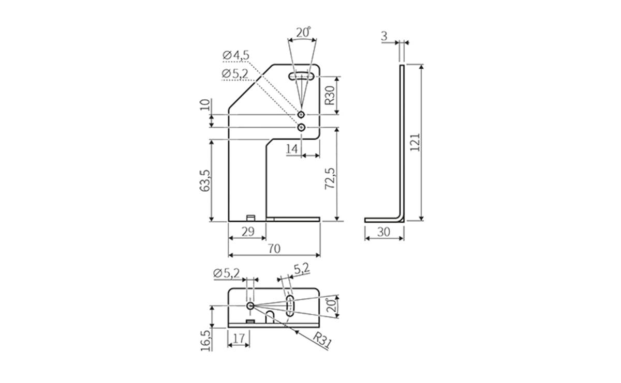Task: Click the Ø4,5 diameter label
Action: pyautogui.click(x=235, y=55)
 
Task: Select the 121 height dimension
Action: pyautogui.click(x=415, y=142)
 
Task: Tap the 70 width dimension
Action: pyautogui.click(x=274, y=249)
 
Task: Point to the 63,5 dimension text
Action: pyautogui.click(x=205, y=180)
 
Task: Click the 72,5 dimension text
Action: pyautogui.click(x=330, y=179)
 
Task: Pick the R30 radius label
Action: pyautogui.click(x=330, y=96)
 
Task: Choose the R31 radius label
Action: pyautogui.click(x=322, y=340)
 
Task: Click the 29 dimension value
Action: pyautogui.click(x=248, y=232)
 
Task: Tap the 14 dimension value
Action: pyautogui.click(x=292, y=149)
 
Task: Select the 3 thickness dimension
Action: pyautogui.click(x=384, y=36)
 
